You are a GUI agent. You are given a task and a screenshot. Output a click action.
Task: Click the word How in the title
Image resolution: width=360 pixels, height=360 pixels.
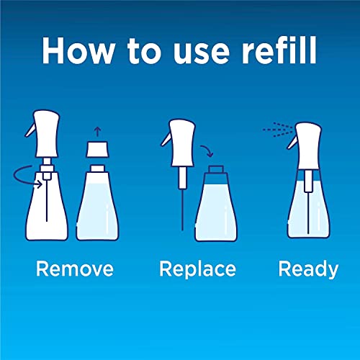(x=78, y=50)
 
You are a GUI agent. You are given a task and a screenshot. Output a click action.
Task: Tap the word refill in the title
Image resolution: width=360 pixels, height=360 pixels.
(x=279, y=50)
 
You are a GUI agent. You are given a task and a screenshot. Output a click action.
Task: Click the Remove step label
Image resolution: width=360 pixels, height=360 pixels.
(x=75, y=269)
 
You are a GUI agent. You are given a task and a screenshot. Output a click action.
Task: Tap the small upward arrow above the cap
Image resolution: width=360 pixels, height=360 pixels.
(x=97, y=132)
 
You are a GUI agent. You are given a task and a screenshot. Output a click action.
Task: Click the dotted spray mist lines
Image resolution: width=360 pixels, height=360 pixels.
(x=278, y=130)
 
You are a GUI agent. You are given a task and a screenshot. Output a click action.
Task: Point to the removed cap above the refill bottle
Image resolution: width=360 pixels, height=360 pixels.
(x=97, y=150)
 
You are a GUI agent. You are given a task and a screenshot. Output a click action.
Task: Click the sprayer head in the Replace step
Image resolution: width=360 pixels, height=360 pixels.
(x=181, y=143)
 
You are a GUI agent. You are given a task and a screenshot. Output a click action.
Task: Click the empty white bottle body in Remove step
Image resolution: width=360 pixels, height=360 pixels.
(x=47, y=207)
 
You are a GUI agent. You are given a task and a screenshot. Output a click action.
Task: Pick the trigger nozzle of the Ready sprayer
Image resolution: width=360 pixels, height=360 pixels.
(x=292, y=143)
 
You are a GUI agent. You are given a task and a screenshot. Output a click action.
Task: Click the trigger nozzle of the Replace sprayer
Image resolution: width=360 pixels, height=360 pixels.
(x=166, y=140)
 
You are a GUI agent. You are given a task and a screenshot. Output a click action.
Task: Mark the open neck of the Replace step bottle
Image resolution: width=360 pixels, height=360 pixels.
(x=216, y=169)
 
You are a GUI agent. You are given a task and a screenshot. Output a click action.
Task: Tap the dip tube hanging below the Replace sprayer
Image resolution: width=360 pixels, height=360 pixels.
(x=182, y=210)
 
